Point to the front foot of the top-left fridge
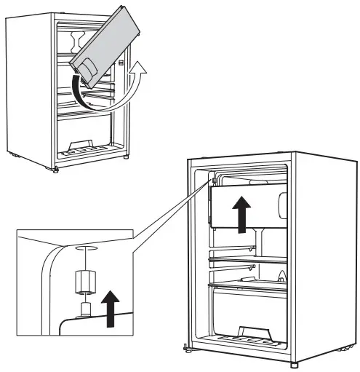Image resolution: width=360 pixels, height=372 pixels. click(x=56, y=170)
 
